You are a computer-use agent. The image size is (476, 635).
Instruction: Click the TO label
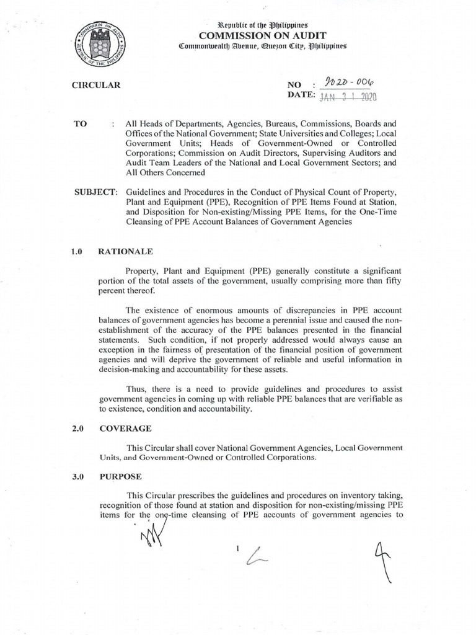pos(81,124)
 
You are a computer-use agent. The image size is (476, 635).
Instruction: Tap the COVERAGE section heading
pos(125,429)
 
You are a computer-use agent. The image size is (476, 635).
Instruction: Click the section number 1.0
pos(77,252)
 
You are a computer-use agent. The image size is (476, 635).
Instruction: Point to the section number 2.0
pos(77,429)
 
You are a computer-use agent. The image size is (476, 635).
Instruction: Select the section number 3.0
pos(77,477)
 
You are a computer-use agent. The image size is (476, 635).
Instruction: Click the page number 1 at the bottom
pos(237,548)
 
